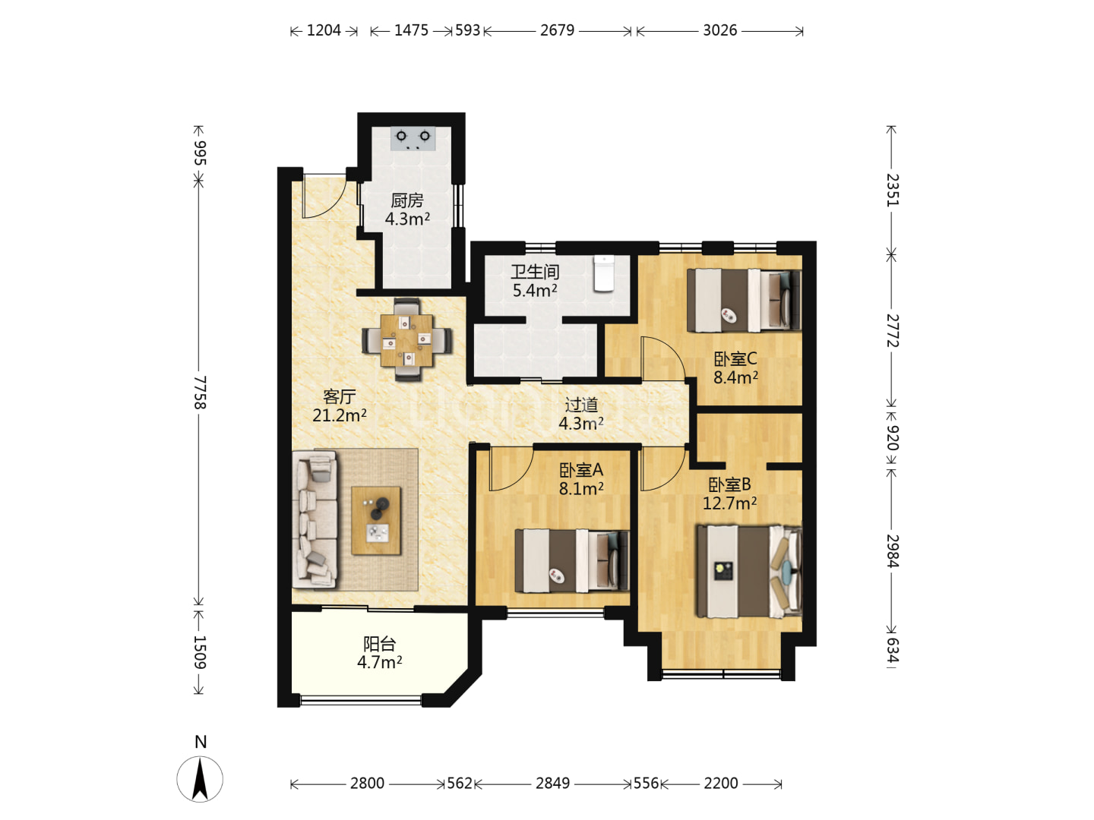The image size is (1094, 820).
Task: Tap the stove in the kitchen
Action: [413, 138]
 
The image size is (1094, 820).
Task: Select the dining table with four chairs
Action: [406, 339]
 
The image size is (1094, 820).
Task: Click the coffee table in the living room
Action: [376, 520]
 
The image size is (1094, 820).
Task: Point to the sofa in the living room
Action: [315, 520]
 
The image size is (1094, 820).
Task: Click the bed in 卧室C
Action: [743, 300]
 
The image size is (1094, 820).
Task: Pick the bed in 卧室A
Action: [571, 560]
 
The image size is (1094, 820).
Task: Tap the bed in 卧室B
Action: [749, 570]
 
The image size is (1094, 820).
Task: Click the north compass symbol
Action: [200, 778]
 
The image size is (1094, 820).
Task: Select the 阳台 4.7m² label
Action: [379, 653]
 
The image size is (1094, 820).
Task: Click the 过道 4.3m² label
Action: [580, 414]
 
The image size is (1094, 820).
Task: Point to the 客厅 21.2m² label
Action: [339, 405]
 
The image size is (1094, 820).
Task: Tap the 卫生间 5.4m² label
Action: [535, 281]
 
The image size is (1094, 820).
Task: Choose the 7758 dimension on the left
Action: [199, 393]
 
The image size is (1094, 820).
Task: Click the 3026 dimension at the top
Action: [719, 30]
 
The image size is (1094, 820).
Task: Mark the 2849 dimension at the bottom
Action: [553, 783]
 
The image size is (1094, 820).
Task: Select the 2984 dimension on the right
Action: [892, 550]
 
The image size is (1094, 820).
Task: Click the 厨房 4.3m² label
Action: [407, 210]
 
